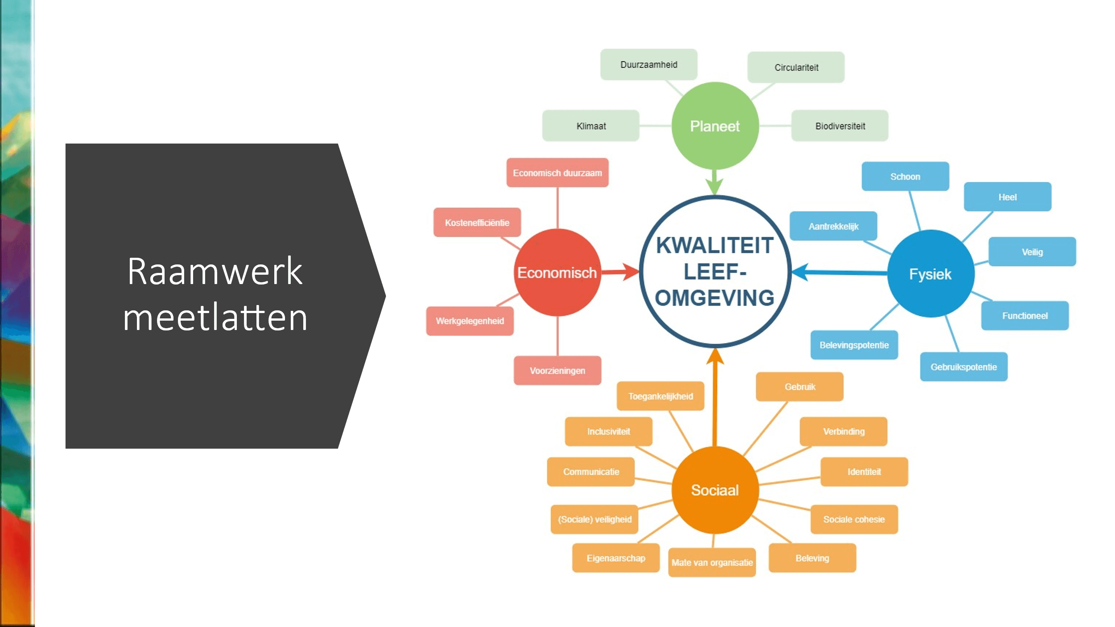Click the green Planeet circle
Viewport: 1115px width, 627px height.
(x=715, y=126)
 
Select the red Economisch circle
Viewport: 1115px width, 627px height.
(x=557, y=272)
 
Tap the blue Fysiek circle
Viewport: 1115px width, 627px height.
(x=931, y=274)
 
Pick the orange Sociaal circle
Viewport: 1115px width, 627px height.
(x=715, y=490)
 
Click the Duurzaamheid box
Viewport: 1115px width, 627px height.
(x=648, y=65)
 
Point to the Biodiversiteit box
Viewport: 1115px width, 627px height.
(x=840, y=126)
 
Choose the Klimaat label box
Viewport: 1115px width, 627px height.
(x=591, y=126)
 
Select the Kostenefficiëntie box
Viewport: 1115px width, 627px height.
(x=477, y=223)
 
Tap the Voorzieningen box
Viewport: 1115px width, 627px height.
(x=557, y=371)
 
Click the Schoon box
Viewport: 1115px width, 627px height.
(x=905, y=177)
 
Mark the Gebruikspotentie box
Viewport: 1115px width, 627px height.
(x=963, y=367)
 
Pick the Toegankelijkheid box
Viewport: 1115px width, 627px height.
(x=660, y=396)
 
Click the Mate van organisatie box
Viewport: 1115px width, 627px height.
(x=712, y=562)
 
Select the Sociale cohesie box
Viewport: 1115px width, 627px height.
(x=854, y=519)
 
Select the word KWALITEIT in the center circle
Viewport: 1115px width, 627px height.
(x=714, y=246)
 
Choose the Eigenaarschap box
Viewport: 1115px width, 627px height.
(x=615, y=558)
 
